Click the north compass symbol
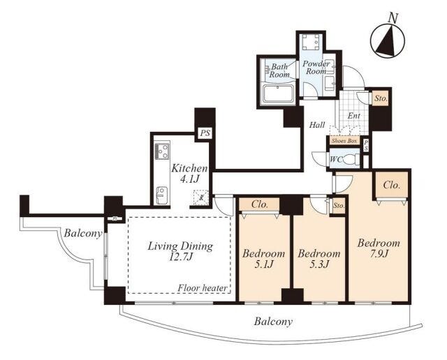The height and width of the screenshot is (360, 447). [x=388, y=40]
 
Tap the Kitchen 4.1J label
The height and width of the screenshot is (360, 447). [x=189, y=174]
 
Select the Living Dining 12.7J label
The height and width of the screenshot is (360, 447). [x=180, y=251]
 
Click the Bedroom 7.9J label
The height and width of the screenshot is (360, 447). [x=379, y=248]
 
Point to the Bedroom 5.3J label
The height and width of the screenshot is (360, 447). [x=319, y=258]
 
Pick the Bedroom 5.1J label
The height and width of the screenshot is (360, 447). [x=263, y=258]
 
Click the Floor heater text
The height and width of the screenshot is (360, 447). [x=203, y=288]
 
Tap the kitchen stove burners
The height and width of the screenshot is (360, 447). [x=161, y=151]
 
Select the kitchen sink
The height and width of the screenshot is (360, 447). [x=161, y=195]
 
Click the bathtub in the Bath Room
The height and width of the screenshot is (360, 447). [x=278, y=93]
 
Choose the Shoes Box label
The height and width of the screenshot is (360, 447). [x=344, y=141]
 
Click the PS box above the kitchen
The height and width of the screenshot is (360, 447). [x=205, y=133]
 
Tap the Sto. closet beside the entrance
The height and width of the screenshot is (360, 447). [x=381, y=99]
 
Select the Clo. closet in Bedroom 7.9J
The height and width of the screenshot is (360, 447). [x=391, y=186]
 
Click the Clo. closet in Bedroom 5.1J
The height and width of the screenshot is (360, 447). [x=259, y=204]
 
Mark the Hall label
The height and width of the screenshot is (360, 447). [x=317, y=125]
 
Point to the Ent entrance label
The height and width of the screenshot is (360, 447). [x=354, y=116]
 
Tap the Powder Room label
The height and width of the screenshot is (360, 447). [x=316, y=68]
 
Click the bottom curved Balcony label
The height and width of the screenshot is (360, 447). [x=273, y=322]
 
